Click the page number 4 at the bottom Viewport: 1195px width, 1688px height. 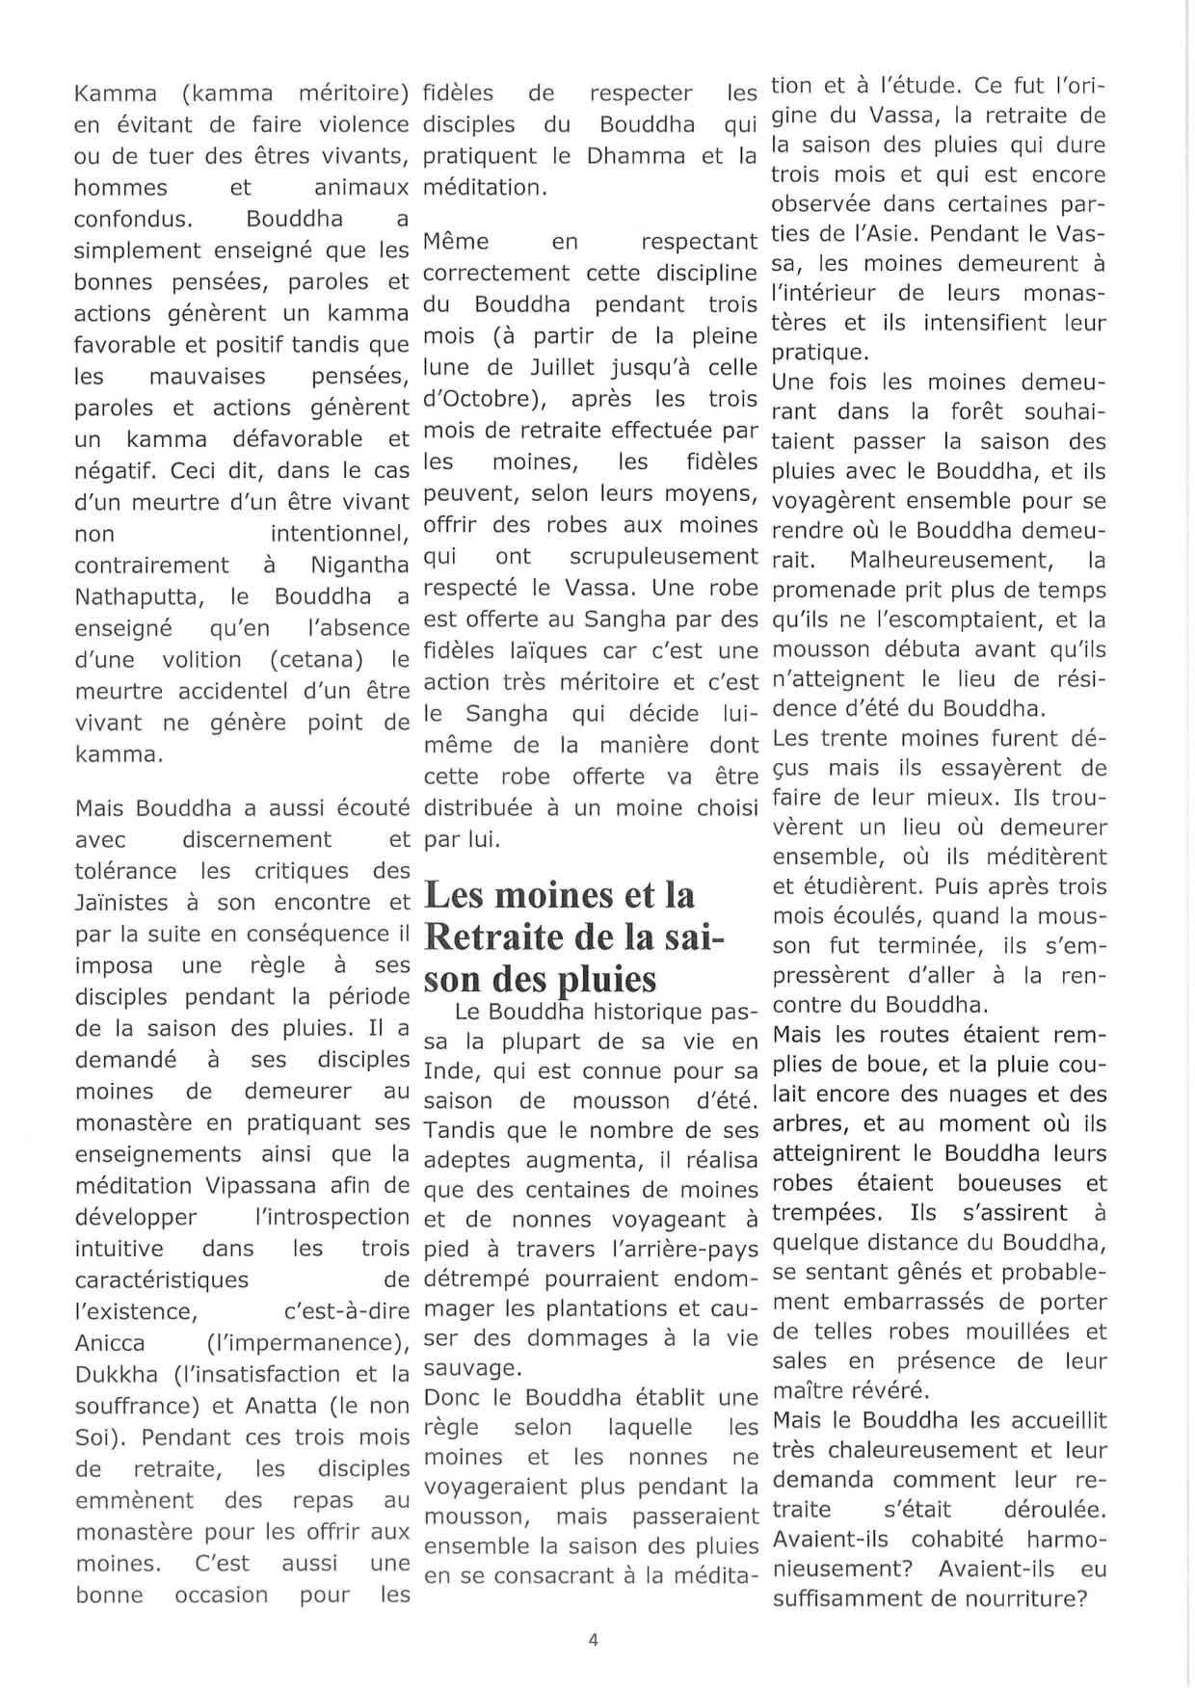click(593, 1640)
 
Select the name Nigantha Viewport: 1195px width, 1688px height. click(360, 566)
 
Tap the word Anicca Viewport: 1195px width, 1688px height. click(110, 1343)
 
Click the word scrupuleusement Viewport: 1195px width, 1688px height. click(663, 557)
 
